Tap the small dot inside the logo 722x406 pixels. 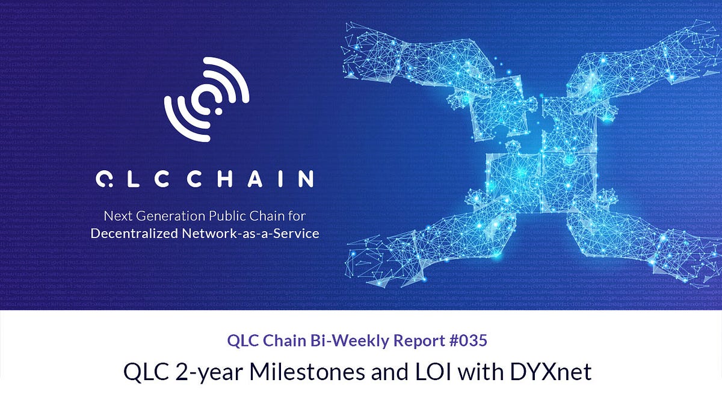[217, 112]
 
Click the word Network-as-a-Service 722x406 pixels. [250, 233]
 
